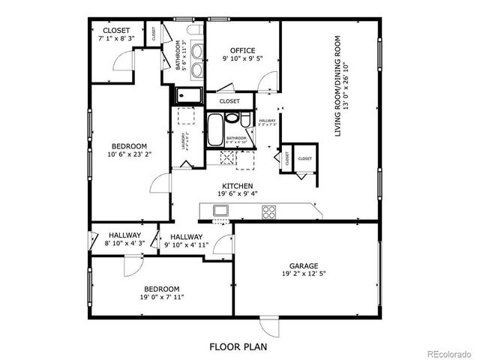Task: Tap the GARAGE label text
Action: click(x=304, y=265)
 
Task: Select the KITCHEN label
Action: click(x=236, y=185)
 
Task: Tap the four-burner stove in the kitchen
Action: click(x=268, y=212)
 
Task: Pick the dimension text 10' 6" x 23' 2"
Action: click(x=129, y=155)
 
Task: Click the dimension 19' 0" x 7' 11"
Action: click(x=162, y=297)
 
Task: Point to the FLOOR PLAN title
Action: click(x=239, y=347)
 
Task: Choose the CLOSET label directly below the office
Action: click(x=229, y=100)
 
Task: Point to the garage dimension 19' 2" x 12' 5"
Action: click(x=304, y=274)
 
